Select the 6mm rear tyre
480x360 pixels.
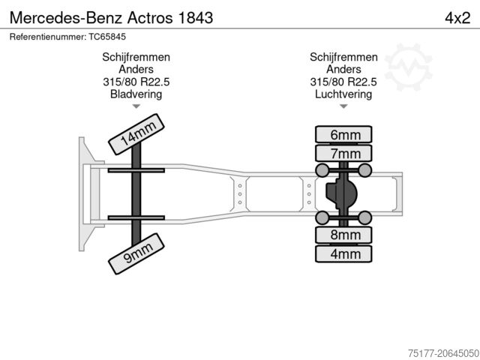pyautogui.click(x=345, y=136)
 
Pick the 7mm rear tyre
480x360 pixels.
pyautogui.click(x=345, y=154)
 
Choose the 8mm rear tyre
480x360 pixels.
pyautogui.click(x=345, y=235)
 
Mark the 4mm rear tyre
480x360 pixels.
pyautogui.click(x=345, y=253)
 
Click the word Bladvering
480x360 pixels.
pyautogui.click(x=136, y=94)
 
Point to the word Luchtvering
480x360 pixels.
pyautogui.click(x=343, y=94)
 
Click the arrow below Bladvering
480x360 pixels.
pyautogui.click(x=136, y=106)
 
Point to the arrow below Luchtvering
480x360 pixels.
pyautogui.click(x=343, y=106)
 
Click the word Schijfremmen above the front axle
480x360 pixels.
pyautogui.click(x=136, y=58)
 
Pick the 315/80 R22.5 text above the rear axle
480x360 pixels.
pyautogui.click(x=343, y=82)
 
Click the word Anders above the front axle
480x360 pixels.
pyautogui.click(x=136, y=70)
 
